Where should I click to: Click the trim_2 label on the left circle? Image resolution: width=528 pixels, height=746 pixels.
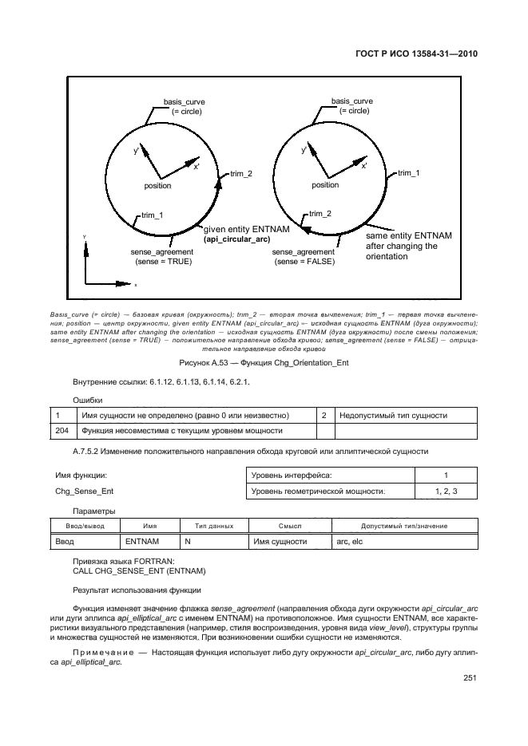tap(241, 173)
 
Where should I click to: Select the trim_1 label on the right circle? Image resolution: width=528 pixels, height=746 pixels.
tap(409, 172)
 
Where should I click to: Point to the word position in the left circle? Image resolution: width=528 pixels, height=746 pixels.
tap(157, 185)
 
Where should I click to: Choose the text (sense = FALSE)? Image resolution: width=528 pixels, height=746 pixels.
tap(304, 261)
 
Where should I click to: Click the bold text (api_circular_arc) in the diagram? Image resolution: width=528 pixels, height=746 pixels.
tap(236, 239)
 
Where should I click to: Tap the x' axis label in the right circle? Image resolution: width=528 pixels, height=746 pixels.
tap(364, 166)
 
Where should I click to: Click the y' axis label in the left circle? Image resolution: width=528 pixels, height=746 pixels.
tap(137, 151)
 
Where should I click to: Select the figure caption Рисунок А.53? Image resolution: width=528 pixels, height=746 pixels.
tap(264, 362)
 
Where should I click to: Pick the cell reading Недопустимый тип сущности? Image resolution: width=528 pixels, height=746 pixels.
tap(393, 416)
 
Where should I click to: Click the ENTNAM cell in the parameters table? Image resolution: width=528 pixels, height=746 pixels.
tap(143, 542)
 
